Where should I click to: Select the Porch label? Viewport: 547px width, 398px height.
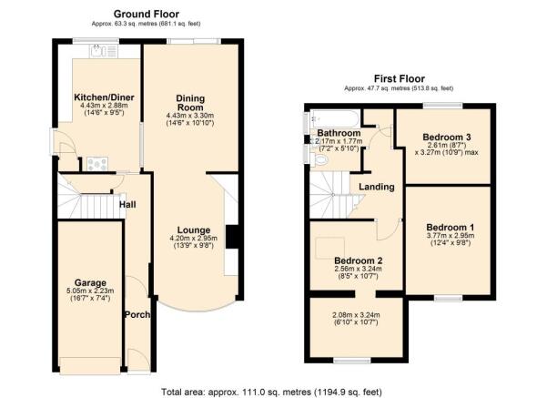click(136, 314)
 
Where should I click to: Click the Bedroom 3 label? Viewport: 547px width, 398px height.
click(445, 137)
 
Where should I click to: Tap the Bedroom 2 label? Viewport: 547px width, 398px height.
click(357, 260)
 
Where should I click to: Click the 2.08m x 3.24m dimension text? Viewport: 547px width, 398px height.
click(356, 317)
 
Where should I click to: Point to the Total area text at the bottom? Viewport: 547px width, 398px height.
click(273, 390)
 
